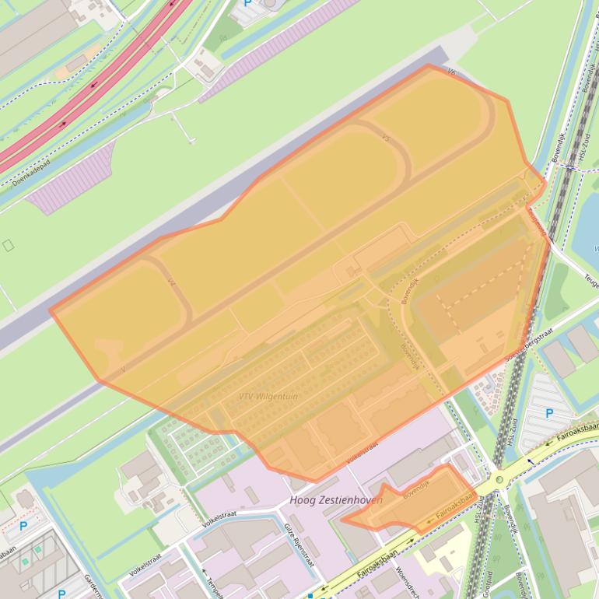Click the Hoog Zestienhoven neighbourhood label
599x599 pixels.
[335, 500]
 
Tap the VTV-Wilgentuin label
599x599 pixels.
[268, 397]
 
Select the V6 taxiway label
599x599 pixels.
[452, 72]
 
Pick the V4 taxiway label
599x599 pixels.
[172, 284]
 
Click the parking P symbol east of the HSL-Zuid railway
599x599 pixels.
[549, 414]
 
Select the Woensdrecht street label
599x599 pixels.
[406, 580]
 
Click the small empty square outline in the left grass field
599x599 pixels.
[8, 245]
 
